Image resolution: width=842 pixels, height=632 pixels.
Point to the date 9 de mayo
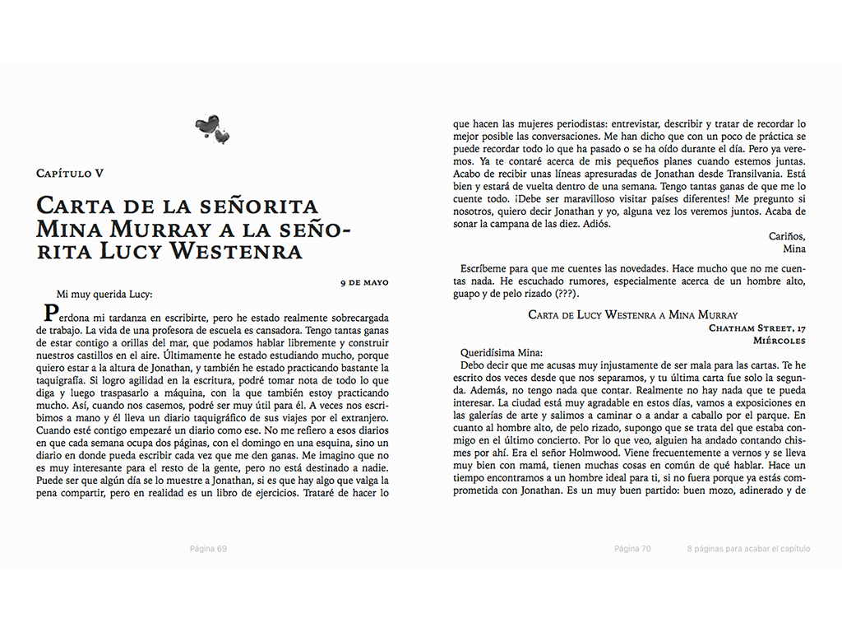(x=364, y=282)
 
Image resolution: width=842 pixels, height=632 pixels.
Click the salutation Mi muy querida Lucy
(x=105, y=294)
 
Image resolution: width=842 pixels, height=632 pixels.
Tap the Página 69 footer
(x=208, y=549)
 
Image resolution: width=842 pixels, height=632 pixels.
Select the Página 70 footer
(x=632, y=549)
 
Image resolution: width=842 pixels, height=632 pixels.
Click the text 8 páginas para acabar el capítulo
(x=748, y=549)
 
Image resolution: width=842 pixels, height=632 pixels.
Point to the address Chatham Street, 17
(x=756, y=328)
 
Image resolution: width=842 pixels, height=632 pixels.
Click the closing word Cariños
(x=787, y=236)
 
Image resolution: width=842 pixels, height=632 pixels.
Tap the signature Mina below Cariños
(x=794, y=249)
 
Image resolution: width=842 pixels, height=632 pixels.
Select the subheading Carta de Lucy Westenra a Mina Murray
(x=632, y=315)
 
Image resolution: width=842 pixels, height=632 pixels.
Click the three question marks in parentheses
(x=567, y=294)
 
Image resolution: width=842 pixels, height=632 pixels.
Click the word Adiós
(x=592, y=225)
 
